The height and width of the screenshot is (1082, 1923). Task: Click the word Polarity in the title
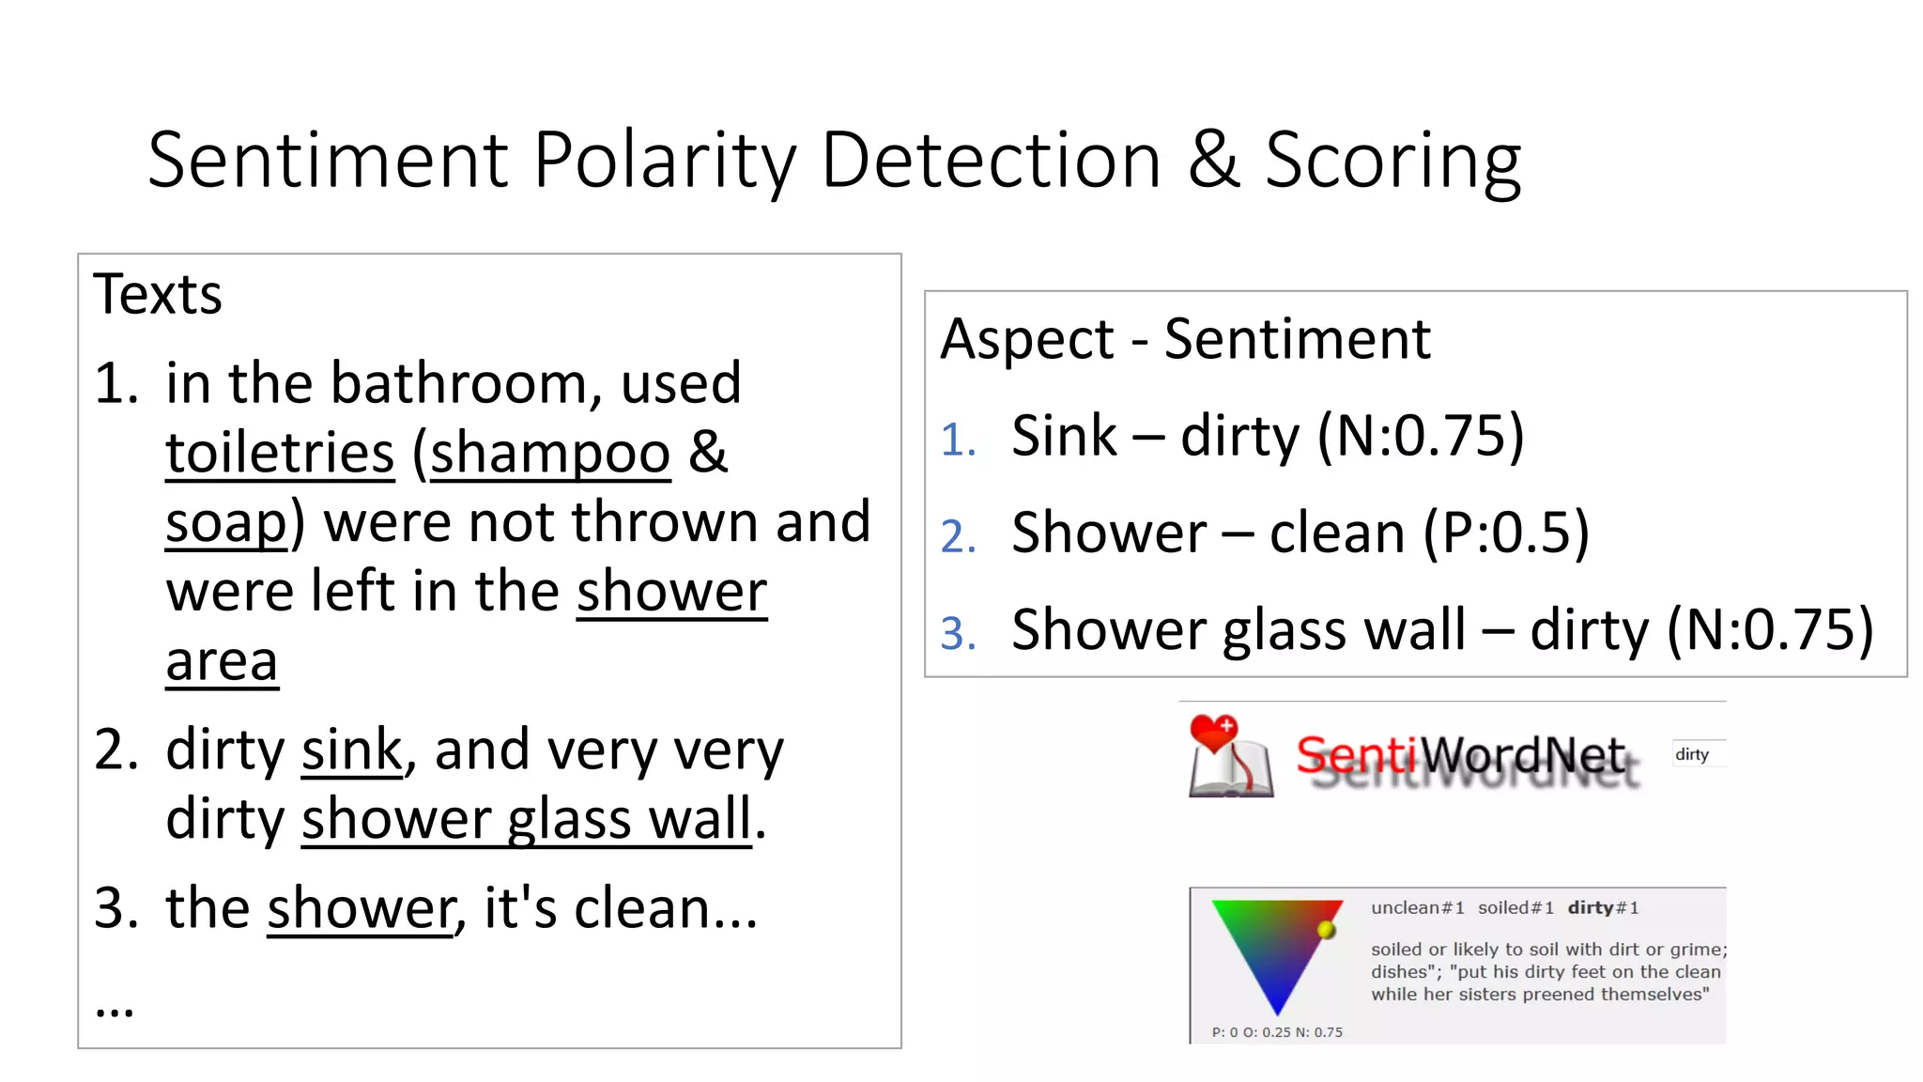(666, 160)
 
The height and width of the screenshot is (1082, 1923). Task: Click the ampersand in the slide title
(1214, 160)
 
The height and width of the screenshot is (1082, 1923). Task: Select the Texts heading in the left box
(157, 294)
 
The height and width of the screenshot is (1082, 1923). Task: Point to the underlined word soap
(226, 522)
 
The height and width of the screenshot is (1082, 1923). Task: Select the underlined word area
(222, 661)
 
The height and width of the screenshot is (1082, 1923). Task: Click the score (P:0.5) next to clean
(1506, 533)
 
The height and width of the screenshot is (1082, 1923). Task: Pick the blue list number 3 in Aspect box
(958, 633)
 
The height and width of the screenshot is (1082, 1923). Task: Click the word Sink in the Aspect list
(1064, 436)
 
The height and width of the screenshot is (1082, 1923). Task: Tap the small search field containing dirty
(1697, 754)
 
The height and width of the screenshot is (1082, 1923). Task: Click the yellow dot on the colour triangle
(1326, 930)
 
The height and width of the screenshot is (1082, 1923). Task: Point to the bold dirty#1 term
(1603, 907)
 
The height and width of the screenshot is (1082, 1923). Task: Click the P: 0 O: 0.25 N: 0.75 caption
(1276, 1032)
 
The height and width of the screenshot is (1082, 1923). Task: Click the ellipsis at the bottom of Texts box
(115, 1011)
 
